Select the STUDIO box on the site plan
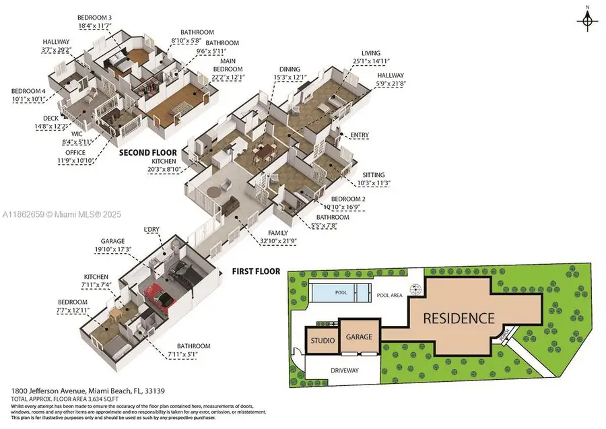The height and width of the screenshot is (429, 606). pyautogui.click(x=322, y=341)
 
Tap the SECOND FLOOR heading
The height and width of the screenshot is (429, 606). pyautogui.click(x=147, y=153)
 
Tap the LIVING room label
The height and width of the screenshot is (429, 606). pyautogui.click(x=370, y=53)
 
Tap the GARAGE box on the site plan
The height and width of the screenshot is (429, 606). pyautogui.click(x=360, y=338)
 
